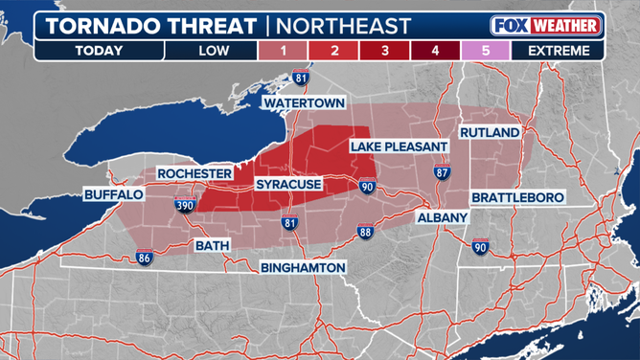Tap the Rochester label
coord(194,173)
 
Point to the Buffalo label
coord(113,194)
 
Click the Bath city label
coord(213,245)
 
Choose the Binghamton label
coord(302,268)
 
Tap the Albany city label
coord(442,218)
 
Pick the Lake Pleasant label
coord(399,146)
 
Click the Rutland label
coord(490,131)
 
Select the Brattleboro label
coord(518,197)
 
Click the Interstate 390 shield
coord(185,205)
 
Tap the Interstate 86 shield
coord(145,258)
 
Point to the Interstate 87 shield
coord(442,173)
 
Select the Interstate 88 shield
coord(364,232)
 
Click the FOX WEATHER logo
coord(545,25)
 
